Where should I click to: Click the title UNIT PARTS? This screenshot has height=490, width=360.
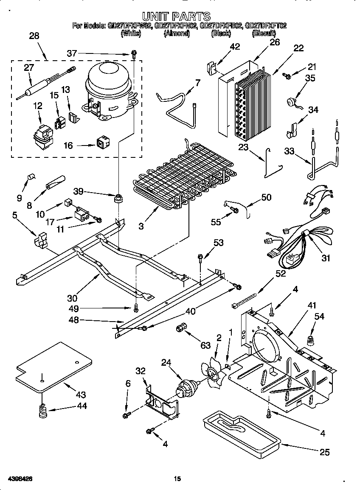click(176, 17)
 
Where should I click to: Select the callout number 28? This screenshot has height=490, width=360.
click(34, 36)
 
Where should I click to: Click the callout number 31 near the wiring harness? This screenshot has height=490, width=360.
click(326, 258)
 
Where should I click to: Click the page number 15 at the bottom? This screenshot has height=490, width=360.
click(177, 479)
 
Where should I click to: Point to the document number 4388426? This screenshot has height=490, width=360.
click(17, 479)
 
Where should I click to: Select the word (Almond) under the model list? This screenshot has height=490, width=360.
click(176, 34)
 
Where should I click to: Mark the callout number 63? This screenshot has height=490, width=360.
click(205, 346)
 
